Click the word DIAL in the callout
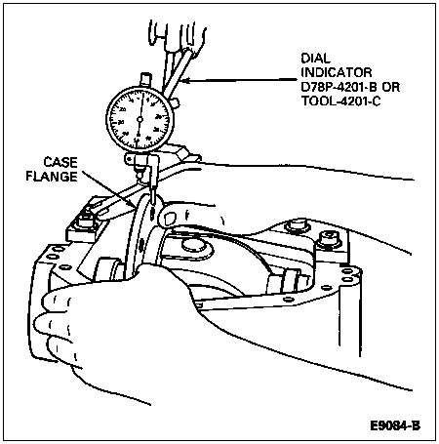pyautogui.click(x=315, y=59)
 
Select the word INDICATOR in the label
pyautogui.click(x=337, y=72)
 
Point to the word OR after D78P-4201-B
pyautogui.click(x=390, y=87)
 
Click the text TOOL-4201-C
pyautogui.click(x=340, y=101)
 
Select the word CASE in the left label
pyautogui.click(x=60, y=162)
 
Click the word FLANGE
pyautogui.click(x=52, y=177)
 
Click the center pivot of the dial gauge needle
pyautogui.click(x=140, y=120)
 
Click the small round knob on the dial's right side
pyautogui.click(x=175, y=103)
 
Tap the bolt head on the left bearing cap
pyautogui.click(x=86, y=222)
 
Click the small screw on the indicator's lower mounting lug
pyautogui.click(x=130, y=159)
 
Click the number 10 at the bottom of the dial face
pyautogui.click(x=137, y=140)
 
